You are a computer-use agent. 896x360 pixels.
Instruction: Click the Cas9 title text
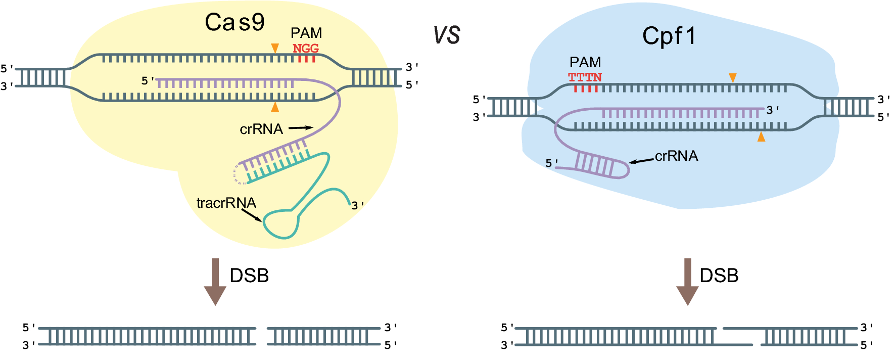pyautogui.click(x=234, y=22)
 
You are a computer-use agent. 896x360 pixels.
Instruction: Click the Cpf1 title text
pyautogui.click(x=669, y=36)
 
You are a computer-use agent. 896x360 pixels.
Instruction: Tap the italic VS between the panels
pyautogui.click(x=447, y=35)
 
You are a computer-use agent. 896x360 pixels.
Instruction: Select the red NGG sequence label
pyautogui.click(x=306, y=49)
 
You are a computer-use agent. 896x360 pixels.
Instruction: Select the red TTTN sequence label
pyautogui.click(x=585, y=77)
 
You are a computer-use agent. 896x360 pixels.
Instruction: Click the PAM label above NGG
pyautogui.click(x=306, y=33)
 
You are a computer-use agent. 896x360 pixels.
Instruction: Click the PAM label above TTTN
pyautogui.click(x=585, y=62)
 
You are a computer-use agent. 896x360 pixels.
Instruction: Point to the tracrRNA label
pyautogui.click(x=226, y=203)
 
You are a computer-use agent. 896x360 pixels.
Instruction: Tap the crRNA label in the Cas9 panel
pyautogui.click(x=261, y=129)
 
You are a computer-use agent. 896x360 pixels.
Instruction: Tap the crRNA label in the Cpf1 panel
pyautogui.click(x=676, y=156)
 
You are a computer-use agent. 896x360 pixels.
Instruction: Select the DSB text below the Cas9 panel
pyautogui.click(x=249, y=276)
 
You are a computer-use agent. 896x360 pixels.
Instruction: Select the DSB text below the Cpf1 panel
pyautogui.click(x=719, y=276)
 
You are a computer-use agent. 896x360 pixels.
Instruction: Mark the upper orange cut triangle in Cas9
pyautogui.click(x=275, y=48)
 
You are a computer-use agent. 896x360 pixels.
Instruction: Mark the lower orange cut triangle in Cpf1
pyautogui.click(x=761, y=137)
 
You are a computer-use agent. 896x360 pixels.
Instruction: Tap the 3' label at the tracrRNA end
pyautogui.click(x=357, y=205)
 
